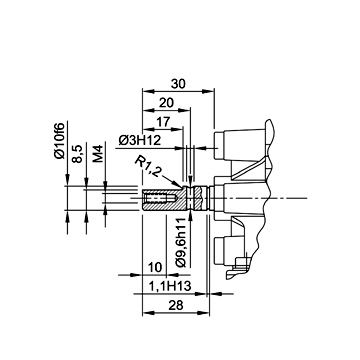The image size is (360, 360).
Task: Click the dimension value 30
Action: tap(178, 84)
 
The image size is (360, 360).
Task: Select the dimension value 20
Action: tap(166, 103)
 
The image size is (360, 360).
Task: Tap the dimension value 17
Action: tap(163, 121)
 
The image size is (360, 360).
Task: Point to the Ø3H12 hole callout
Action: tap(140, 141)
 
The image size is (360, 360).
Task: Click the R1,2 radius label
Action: tap(149, 166)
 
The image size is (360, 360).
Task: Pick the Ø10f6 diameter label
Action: tap(60, 141)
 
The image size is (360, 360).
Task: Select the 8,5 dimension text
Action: tap(78, 153)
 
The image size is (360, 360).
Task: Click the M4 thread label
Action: tap(98, 154)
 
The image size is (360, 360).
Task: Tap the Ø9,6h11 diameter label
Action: tap(181, 242)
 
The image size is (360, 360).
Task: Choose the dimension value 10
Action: tap(155, 267)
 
